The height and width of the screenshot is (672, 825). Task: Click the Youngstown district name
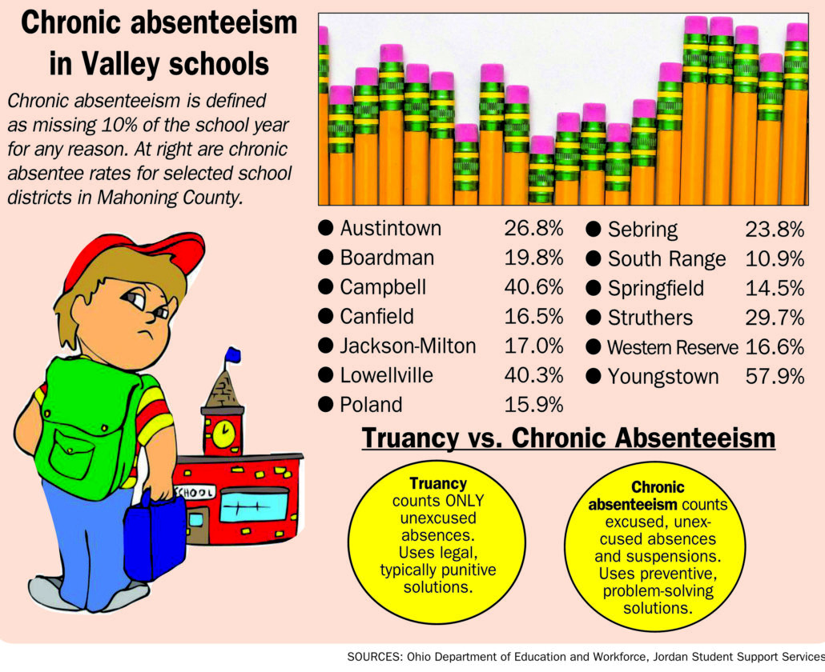(x=663, y=376)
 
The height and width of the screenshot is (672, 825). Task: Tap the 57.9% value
(x=775, y=376)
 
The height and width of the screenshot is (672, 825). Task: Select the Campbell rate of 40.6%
(x=533, y=287)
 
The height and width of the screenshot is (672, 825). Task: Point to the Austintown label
(x=390, y=228)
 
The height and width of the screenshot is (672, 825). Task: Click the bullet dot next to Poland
(x=326, y=404)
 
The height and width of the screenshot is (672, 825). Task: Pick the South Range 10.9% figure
(x=775, y=258)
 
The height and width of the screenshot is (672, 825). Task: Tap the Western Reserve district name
(x=673, y=347)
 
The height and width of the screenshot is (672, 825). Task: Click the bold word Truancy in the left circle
(x=438, y=484)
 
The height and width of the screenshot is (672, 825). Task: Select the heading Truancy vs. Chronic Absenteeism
(x=568, y=438)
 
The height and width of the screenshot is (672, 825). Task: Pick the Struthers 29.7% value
(x=775, y=318)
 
